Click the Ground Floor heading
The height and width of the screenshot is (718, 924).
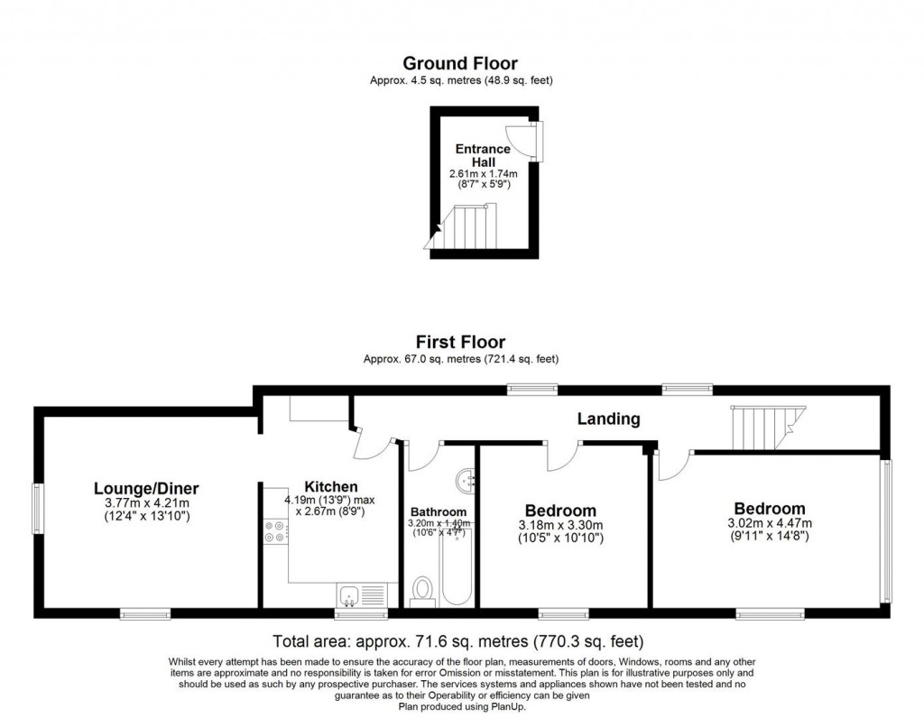pyautogui.click(x=460, y=63)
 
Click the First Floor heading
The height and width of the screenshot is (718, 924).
pyautogui.click(x=460, y=342)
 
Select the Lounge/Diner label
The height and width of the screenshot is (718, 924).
pyautogui.click(x=146, y=489)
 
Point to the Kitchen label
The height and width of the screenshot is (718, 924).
pyautogui.click(x=330, y=487)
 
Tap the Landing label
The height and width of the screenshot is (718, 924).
pyautogui.click(x=609, y=419)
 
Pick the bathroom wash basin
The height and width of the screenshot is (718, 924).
pyautogui.click(x=467, y=480)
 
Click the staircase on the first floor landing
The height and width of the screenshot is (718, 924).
pyautogui.click(x=762, y=428)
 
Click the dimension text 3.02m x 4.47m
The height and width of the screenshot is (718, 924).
pyautogui.click(x=770, y=523)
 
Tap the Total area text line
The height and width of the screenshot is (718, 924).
pyautogui.click(x=458, y=642)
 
